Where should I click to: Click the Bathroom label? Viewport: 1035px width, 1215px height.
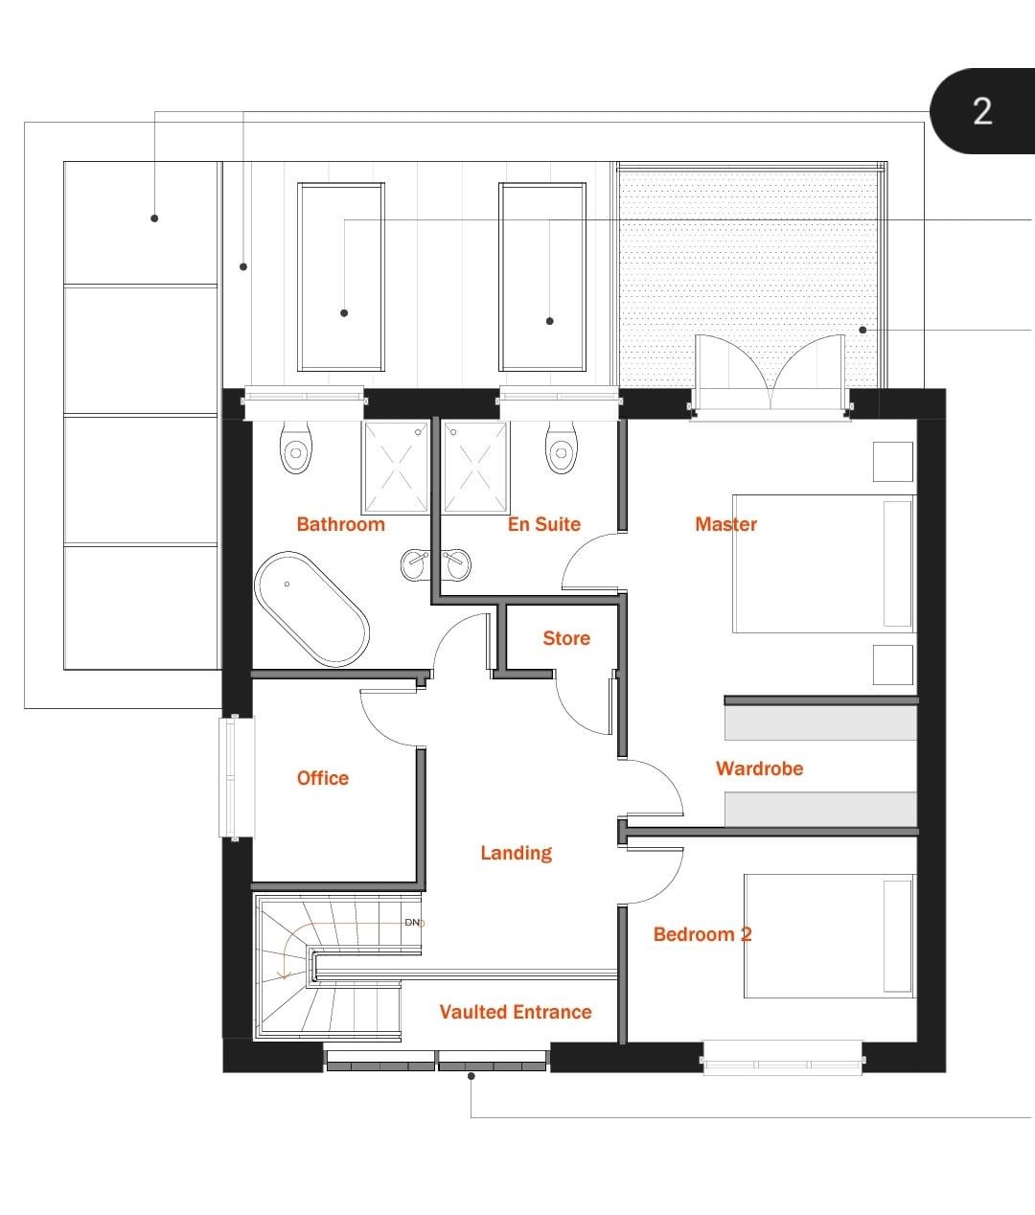[340, 524]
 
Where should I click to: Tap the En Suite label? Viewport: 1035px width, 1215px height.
[544, 524]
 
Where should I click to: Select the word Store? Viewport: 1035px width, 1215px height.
[566, 638]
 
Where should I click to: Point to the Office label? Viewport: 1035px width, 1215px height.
[323, 778]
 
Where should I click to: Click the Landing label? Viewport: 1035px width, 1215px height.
[517, 853]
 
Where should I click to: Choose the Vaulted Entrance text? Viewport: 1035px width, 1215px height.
[516, 1012]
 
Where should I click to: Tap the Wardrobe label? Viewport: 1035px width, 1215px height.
[759, 768]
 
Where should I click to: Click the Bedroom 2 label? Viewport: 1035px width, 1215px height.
[702, 934]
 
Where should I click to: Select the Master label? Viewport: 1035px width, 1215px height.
[725, 524]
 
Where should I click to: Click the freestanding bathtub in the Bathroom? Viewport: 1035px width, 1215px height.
[311, 609]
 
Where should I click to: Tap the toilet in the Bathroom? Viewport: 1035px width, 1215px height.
[296, 447]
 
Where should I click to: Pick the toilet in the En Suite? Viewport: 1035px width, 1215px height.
[562, 447]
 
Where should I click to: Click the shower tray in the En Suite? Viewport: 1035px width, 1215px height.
[475, 467]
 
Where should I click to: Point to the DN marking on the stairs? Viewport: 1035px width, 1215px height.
[412, 923]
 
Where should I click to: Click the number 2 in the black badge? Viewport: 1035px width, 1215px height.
[982, 111]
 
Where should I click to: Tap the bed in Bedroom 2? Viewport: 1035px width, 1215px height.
[829, 936]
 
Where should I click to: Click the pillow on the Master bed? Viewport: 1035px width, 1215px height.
[897, 563]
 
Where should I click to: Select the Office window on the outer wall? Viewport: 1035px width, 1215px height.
[237, 777]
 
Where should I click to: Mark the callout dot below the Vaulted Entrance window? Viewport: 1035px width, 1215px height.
[471, 1076]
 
